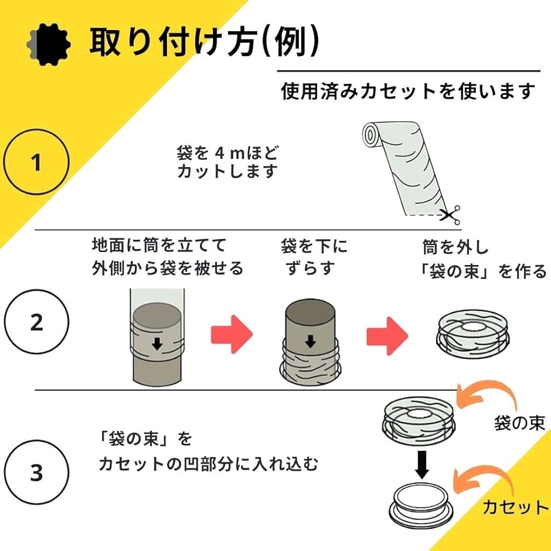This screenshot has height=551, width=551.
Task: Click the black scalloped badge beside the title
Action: click(49, 45)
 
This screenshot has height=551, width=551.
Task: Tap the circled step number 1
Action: click(36, 162)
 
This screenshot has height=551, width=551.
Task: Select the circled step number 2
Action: click(36, 322)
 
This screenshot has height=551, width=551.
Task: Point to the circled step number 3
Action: click(36, 472)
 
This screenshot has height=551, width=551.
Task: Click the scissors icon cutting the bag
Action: click(451, 215)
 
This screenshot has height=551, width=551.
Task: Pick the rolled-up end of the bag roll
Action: click(370, 135)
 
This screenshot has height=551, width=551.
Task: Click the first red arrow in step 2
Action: click(232, 334)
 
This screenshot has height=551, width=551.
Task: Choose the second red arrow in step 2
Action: click(387, 336)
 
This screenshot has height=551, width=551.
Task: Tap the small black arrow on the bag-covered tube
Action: click(157, 344)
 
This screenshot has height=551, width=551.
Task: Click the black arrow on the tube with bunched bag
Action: click(310, 341)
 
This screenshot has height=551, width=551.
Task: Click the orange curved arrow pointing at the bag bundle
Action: click(487, 396)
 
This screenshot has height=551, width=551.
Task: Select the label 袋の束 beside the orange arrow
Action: click(519, 423)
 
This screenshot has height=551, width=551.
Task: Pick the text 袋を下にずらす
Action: click(314, 257)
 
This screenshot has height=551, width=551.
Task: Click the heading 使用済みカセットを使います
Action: click(408, 92)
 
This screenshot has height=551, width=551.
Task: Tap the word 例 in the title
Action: click(290, 42)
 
